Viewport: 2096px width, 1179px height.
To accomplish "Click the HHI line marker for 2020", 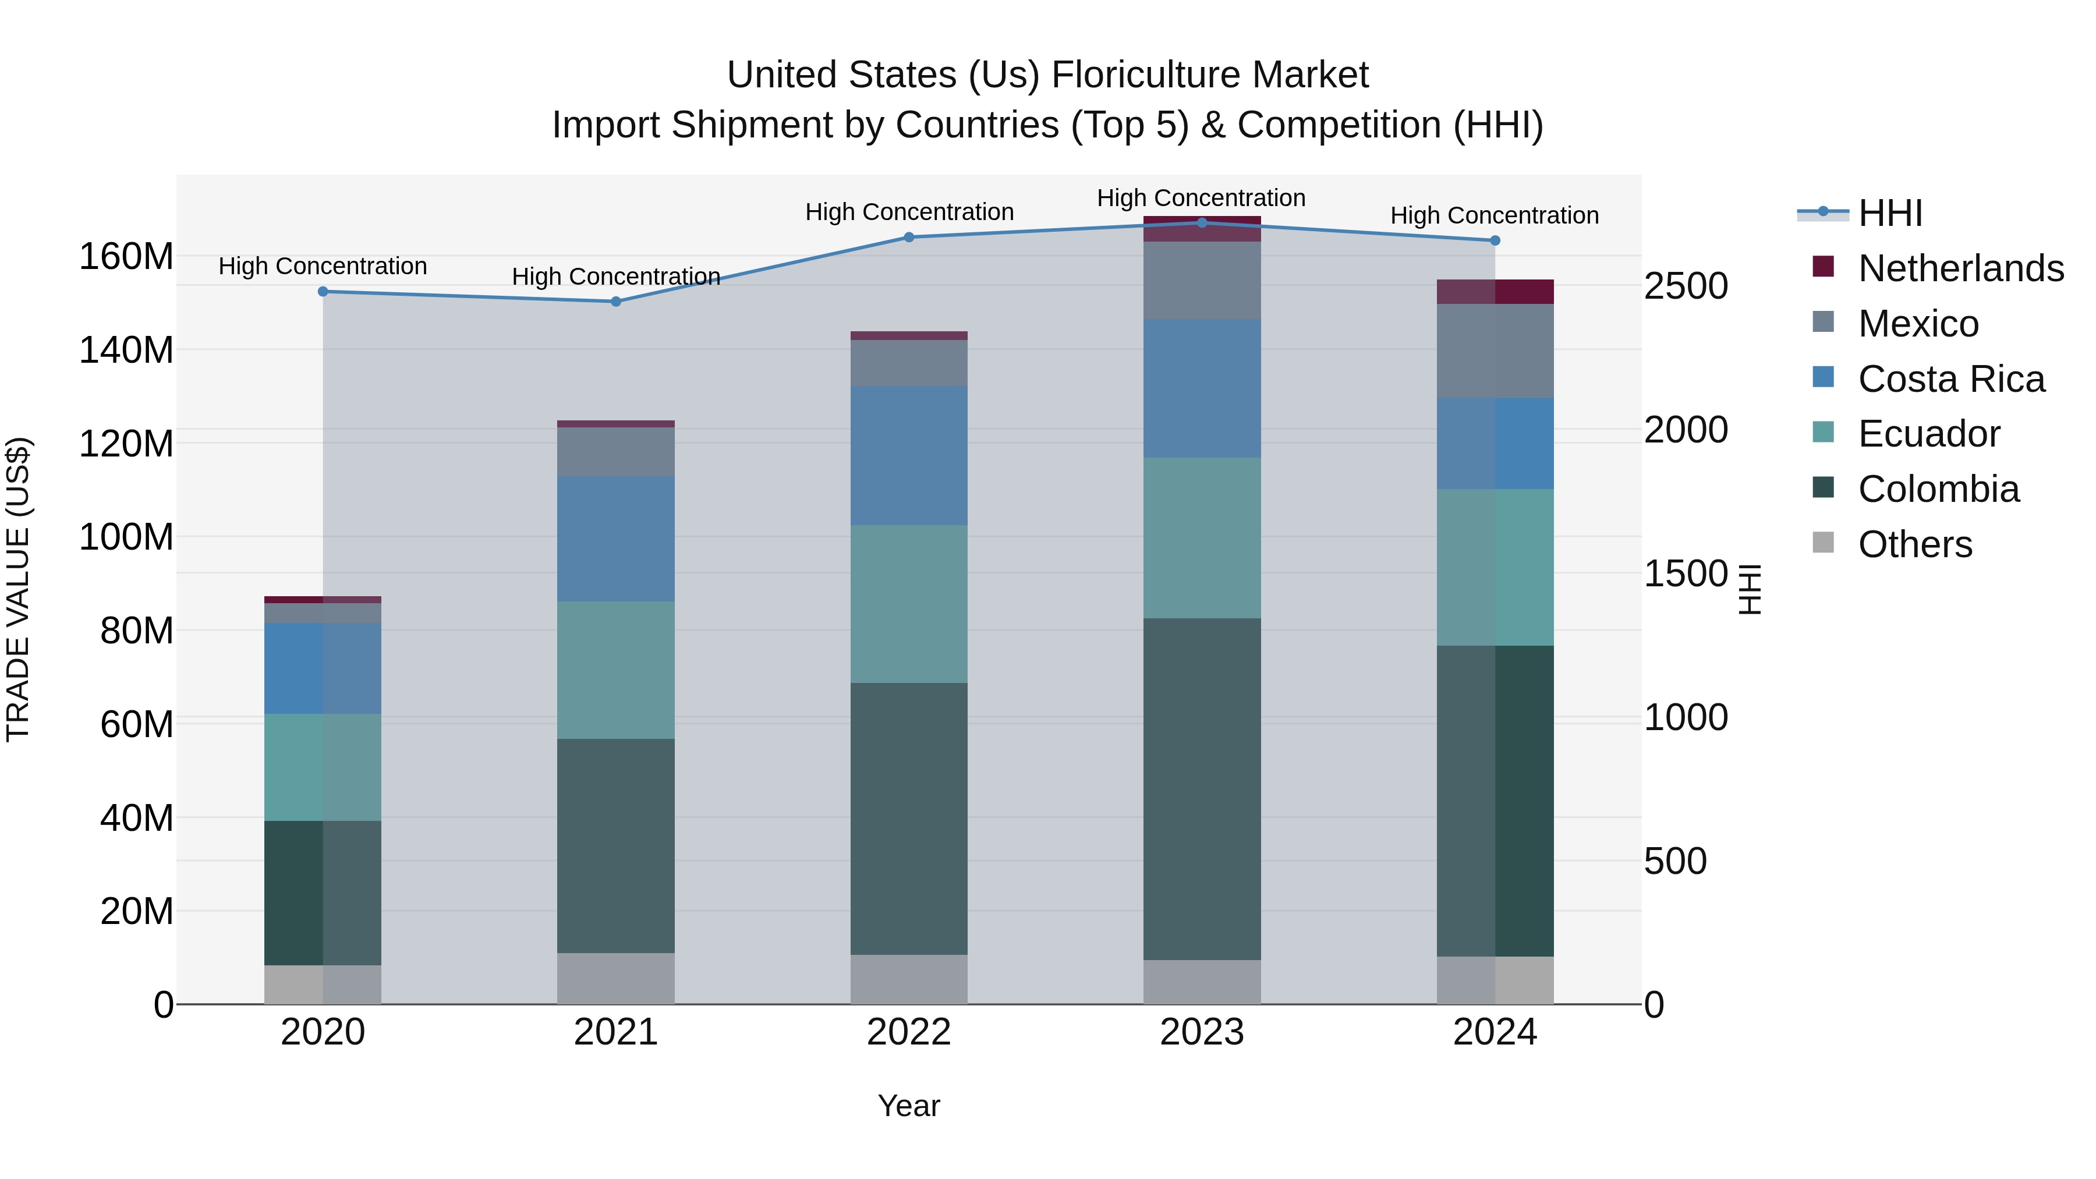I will (323, 291).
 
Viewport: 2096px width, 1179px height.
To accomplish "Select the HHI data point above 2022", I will (909, 238).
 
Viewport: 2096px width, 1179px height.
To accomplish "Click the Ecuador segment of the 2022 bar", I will (909, 604).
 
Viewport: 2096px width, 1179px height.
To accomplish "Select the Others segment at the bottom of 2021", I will (616, 978).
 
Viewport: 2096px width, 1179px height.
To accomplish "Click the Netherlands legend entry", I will (1961, 268).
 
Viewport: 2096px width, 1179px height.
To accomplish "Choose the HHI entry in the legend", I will (1890, 213).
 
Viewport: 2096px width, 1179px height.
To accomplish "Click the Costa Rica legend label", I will (1951, 379).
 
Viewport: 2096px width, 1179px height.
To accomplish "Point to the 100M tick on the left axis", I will (126, 537).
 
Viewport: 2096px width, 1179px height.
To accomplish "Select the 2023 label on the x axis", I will (1202, 1032).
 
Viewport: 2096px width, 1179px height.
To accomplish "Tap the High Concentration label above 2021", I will (616, 277).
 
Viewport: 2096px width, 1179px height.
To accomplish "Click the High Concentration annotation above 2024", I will (1494, 215).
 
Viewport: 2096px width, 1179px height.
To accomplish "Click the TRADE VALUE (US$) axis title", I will (18, 589).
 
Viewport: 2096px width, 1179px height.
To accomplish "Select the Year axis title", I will (909, 1106).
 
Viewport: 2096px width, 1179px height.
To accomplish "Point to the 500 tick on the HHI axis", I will (1674, 861).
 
